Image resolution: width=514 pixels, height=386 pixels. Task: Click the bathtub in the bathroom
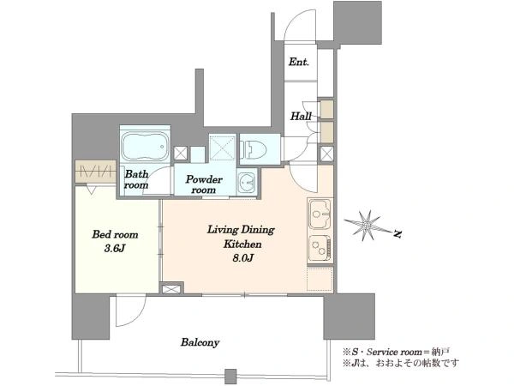pos(145,146)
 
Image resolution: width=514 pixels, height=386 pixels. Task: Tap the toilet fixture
pos(254,148)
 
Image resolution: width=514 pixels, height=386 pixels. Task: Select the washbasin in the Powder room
pos(246,184)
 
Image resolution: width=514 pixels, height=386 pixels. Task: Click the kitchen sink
pos(320,214)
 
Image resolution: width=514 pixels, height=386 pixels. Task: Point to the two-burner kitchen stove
pos(320,248)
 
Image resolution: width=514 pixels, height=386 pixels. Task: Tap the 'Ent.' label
pos(299,62)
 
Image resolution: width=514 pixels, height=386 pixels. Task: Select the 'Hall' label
pos(301,116)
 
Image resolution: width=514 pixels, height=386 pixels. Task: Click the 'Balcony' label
pos(200,342)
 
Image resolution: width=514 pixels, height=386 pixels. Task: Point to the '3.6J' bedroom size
pos(115,249)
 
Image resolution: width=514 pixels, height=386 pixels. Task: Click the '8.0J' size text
pos(243,258)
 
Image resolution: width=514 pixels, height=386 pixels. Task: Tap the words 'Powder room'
pos(204,184)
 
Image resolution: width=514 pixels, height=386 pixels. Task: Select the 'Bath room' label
pos(136,179)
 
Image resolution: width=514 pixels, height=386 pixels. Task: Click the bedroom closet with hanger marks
pos(95,172)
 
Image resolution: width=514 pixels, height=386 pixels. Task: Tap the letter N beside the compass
pos(397,234)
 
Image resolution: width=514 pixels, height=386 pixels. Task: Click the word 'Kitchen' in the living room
pos(242,244)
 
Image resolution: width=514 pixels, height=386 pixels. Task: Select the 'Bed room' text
pos(115,234)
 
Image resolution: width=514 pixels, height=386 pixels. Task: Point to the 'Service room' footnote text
pos(394,353)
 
